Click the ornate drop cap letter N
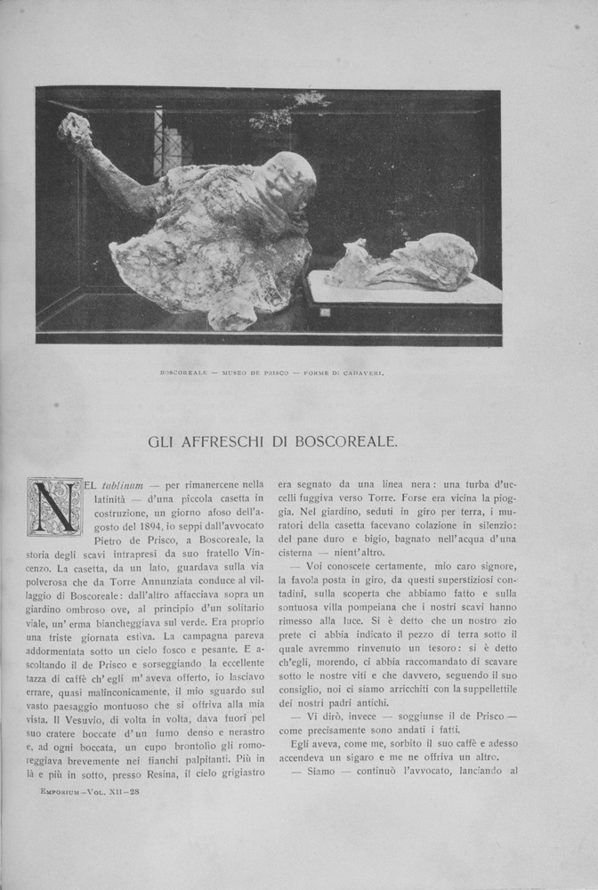[x=55, y=506]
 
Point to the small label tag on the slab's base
[x=327, y=312]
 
